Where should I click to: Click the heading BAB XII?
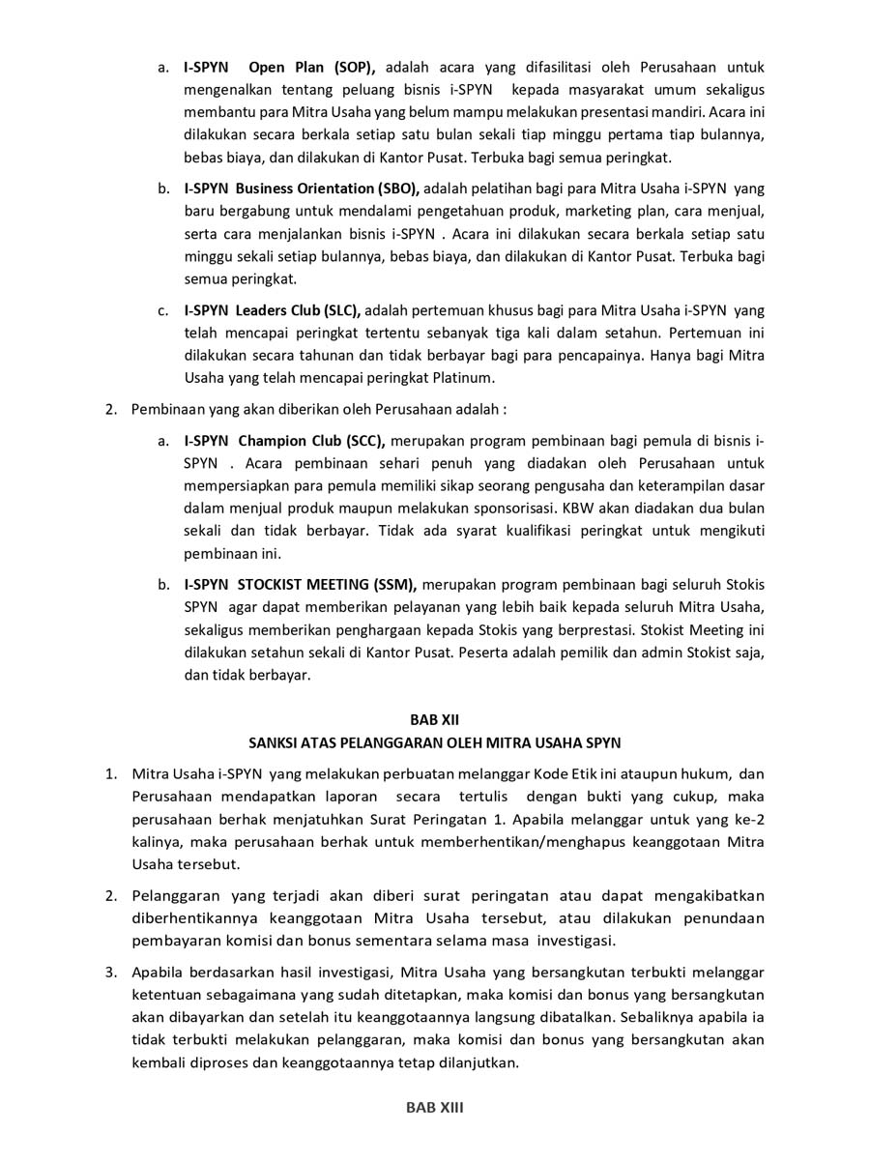(x=435, y=719)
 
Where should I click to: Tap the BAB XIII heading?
(x=435, y=1108)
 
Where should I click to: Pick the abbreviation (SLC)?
(x=337, y=310)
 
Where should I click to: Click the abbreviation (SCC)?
(x=362, y=440)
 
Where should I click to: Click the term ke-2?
(x=747, y=819)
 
